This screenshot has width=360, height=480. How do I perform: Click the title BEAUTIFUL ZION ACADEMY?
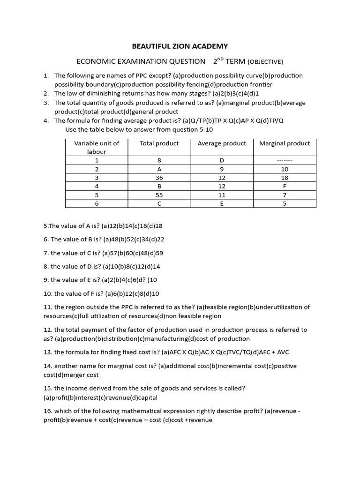(x=180, y=46)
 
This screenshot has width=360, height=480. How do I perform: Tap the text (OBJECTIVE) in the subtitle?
(x=265, y=62)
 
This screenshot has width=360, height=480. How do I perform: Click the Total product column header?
(x=159, y=143)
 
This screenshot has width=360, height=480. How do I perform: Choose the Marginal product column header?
(x=285, y=143)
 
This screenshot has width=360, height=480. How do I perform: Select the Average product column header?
(x=222, y=143)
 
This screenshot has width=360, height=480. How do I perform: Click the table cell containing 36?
(x=159, y=178)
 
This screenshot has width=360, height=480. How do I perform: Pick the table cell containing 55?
(x=159, y=195)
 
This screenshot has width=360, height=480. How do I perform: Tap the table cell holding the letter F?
(x=285, y=186)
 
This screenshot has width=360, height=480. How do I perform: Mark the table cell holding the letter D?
(x=222, y=161)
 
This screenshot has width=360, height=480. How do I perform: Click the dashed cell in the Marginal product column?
(x=285, y=161)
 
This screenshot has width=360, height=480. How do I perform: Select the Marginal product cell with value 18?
(x=285, y=178)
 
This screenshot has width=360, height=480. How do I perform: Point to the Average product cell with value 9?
(x=222, y=169)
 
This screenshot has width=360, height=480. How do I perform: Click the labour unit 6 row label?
(x=97, y=203)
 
